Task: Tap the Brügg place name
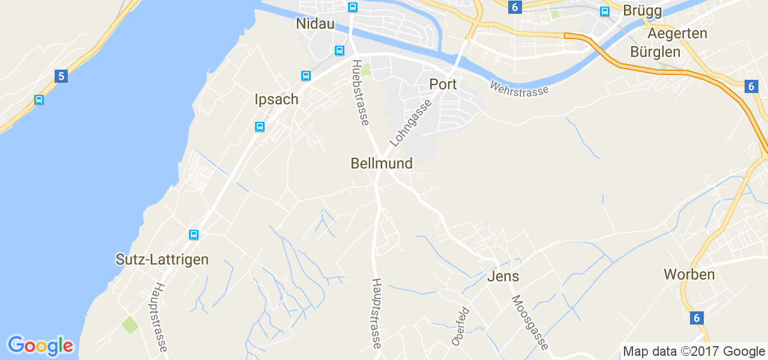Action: click(x=642, y=11)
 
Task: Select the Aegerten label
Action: click(x=677, y=33)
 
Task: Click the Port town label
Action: click(x=443, y=84)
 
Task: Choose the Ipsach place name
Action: click(x=276, y=99)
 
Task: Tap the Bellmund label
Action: click(x=382, y=163)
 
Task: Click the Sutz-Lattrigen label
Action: click(x=162, y=259)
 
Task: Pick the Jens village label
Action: click(x=503, y=276)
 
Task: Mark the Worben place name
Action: click(x=689, y=274)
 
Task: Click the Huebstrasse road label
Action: click(x=360, y=92)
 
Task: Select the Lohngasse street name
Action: click(x=411, y=124)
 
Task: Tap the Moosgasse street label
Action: click(x=530, y=322)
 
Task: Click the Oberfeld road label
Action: click(x=460, y=326)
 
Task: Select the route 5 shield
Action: click(x=60, y=76)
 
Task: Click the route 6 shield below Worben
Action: click(x=697, y=318)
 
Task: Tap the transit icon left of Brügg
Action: click(x=605, y=11)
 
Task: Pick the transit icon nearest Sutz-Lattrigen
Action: click(x=194, y=235)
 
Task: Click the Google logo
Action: click(x=40, y=346)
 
